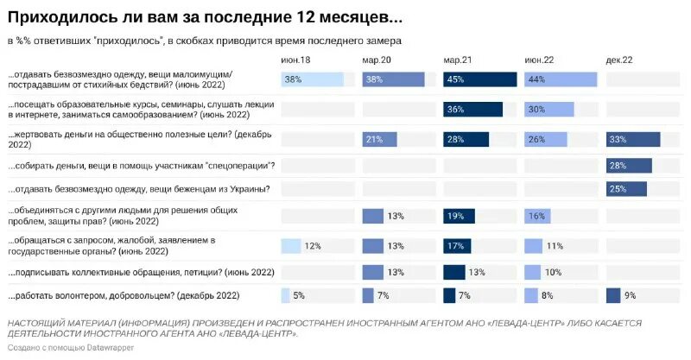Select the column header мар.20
coord(376,60)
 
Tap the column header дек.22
coord(620,60)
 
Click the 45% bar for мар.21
coord(479,79)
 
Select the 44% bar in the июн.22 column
coord(561,79)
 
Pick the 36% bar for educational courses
coord(472,110)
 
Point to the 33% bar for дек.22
coord(633,140)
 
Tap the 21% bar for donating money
coord(379,140)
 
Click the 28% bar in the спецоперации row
coord(629,166)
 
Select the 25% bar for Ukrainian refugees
coord(626,190)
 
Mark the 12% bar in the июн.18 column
coord(291,246)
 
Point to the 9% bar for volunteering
coord(613,296)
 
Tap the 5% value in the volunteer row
coord(300,296)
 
